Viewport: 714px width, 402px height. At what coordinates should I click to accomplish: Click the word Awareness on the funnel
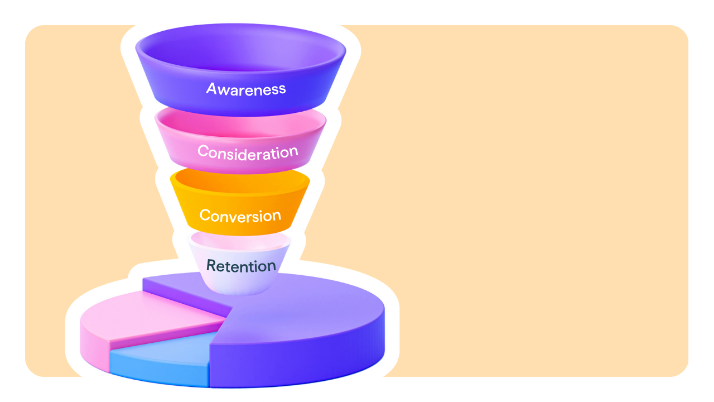(x=246, y=88)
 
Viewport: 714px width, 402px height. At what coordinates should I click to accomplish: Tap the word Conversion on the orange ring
(x=240, y=216)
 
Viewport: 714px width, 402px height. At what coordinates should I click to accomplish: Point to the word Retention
(x=241, y=266)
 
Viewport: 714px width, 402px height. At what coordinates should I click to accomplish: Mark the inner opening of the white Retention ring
(x=240, y=241)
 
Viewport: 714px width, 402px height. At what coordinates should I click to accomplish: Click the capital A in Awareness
(x=211, y=89)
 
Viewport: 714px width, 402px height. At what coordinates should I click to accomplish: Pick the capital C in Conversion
(x=205, y=216)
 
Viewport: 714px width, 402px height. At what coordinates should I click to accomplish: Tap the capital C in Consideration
(x=203, y=151)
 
